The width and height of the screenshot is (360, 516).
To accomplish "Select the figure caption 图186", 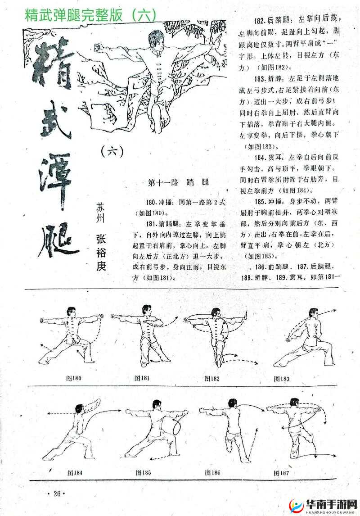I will tap(212, 473).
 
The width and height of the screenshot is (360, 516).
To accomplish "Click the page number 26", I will tap(56, 493).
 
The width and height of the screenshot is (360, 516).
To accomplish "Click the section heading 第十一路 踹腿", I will tap(178, 182).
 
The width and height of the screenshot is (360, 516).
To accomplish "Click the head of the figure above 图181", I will tap(146, 310).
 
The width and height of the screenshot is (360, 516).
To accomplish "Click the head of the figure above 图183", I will tap(313, 313).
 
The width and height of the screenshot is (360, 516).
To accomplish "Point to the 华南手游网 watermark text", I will tap(326, 502).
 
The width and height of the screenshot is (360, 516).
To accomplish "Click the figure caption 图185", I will tap(143, 473).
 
